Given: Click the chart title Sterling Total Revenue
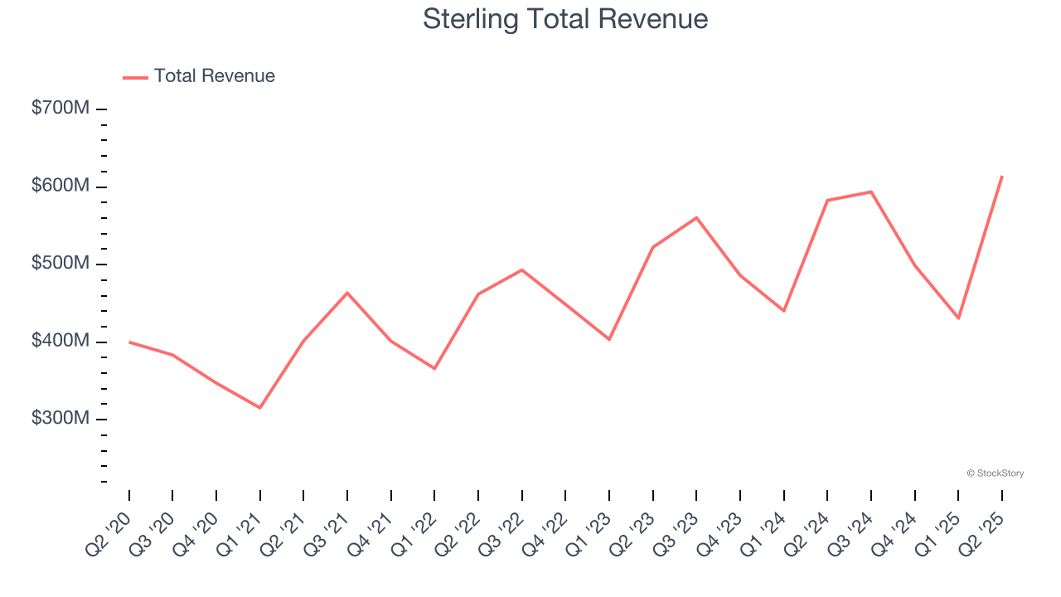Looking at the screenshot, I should [x=565, y=19].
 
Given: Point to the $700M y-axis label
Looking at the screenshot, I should [x=60, y=109].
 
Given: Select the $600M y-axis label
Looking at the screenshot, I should [x=60, y=187].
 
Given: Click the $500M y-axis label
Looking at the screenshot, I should [x=60, y=264].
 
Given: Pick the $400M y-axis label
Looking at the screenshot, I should [x=60, y=342].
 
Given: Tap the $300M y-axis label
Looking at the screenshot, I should [x=60, y=419].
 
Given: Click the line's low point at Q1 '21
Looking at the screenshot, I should [x=260, y=407].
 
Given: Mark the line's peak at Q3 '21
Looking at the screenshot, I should [x=347, y=293].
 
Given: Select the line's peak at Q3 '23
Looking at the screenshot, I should [x=696, y=217].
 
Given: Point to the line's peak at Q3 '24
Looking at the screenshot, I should [x=871, y=192].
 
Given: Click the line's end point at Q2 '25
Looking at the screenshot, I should [x=1002, y=176].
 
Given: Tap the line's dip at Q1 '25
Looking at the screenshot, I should [x=958, y=318].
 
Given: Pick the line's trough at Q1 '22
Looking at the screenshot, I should [x=434, y=368].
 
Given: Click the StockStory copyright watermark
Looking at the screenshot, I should [x=995, y=473].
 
